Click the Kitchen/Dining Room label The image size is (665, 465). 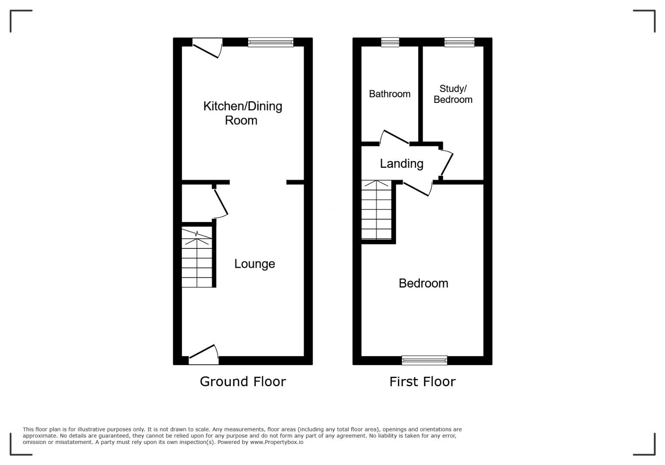242,113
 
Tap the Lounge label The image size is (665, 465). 255,264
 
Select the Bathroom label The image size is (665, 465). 389,94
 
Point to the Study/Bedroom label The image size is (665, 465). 453,94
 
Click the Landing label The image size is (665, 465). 401,164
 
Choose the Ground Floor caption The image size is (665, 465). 242,381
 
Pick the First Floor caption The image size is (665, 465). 422,381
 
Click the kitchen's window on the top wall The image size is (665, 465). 271,42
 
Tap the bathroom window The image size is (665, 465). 390,42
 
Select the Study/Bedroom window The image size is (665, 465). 459,42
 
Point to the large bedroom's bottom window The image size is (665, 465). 425,360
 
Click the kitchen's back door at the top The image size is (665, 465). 208,48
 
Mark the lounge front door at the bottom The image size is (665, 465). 204,355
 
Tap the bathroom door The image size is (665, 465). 395,138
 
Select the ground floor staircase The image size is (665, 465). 197,257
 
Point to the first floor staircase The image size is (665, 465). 376,210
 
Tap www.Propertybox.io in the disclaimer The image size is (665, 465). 277,442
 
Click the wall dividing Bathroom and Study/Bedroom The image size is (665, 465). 420,94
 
